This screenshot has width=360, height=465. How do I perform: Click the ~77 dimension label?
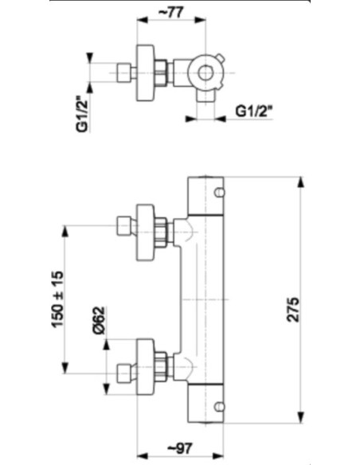click(171, 13)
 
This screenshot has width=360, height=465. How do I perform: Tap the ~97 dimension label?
click(180, 448)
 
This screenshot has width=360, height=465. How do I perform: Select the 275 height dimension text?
click(293, 309)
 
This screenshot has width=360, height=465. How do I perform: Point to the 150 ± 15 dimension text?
click(57, 299)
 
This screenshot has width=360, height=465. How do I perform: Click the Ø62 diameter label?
click(99, 320)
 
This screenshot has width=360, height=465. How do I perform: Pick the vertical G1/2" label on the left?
click(82, 114)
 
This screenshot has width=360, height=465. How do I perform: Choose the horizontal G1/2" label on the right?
click(254, 111)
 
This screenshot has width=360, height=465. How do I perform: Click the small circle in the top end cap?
click(220, 193)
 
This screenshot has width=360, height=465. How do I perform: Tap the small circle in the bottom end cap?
click(220, 407)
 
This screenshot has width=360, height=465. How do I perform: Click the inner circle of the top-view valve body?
click(205, 72)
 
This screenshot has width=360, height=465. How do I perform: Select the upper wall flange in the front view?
click(145, 232)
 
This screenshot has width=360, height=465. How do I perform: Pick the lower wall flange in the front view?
click(145, 366)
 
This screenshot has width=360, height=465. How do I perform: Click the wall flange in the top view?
click(145, 73)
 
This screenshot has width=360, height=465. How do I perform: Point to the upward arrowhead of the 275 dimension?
click(300, 182)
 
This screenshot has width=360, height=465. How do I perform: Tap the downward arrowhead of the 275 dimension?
click(300, 418)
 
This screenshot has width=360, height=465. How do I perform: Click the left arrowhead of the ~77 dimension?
click(142, 20)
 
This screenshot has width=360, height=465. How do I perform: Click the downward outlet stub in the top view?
click(205, 96)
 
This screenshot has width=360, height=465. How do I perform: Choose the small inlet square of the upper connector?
click(124, 226)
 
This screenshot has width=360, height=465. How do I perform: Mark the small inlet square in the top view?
click(124, 72)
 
